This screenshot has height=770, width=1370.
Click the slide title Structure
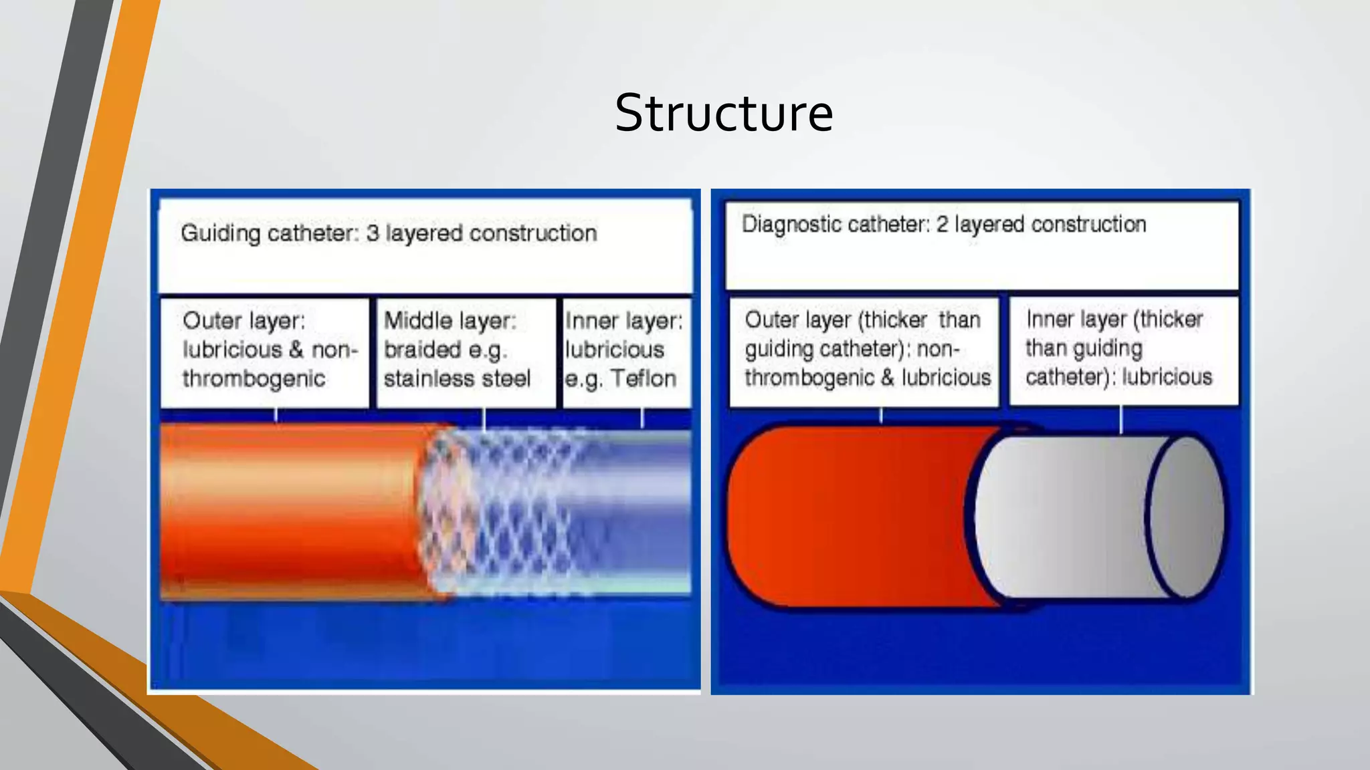point(724,113)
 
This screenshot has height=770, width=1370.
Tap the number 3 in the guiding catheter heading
point(373,233)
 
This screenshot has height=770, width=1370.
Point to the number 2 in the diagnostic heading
point(942,225)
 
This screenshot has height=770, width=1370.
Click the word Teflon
point(644,379)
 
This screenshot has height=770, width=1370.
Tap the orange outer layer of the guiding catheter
point(288,511)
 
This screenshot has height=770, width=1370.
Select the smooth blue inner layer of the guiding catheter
point(642,511)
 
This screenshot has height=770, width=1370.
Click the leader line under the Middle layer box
point(484,419)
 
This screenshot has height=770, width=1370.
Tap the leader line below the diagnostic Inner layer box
point(1121,420)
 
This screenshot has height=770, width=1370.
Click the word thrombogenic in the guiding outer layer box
point(254,379)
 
